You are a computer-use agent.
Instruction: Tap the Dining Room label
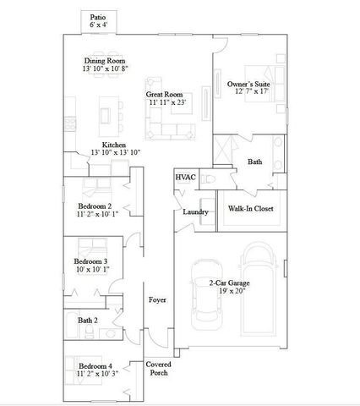tap(105, 61)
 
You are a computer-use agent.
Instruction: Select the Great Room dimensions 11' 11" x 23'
tap(166, 102)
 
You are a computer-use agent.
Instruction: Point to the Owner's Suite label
tap(248, 85)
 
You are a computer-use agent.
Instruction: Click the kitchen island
tap(107, 110)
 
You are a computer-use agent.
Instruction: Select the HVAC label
tap(185, 178)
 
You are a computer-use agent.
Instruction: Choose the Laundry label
tap(196, 211)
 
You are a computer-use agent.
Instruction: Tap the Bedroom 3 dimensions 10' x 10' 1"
tap(92, 271)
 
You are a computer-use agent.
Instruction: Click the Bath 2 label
tap(88, 321)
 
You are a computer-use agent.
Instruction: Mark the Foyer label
tap(157, 300)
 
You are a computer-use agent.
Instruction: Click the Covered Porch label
tap(159, 368)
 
